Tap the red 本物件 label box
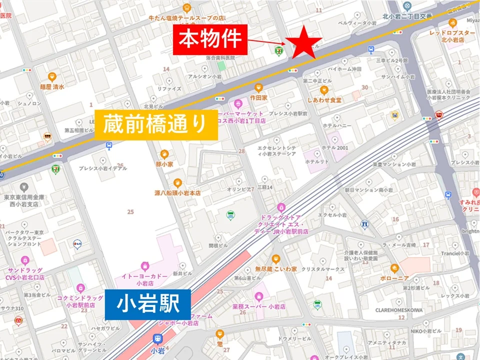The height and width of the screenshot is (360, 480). coord(210,38)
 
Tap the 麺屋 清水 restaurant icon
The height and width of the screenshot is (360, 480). coord(52,77)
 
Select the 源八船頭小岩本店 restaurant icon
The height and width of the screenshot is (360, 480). coord(177,183)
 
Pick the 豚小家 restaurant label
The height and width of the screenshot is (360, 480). coord(163,163)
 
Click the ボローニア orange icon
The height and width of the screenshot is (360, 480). coord(394,268)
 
